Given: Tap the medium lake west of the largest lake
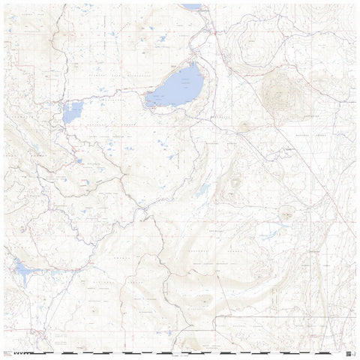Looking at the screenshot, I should coord(73,112).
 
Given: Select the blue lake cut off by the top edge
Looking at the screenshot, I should coord(192,7).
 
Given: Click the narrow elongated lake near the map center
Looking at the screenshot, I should coord(202,190).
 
